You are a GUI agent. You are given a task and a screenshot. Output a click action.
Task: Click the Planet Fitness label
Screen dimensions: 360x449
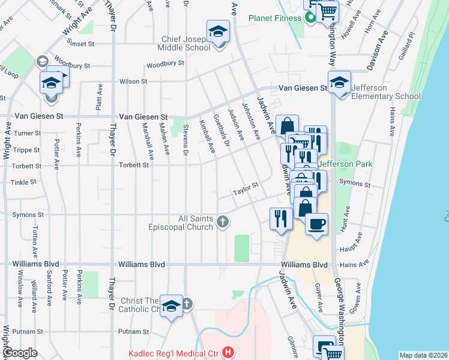pyautogui.click(x=275, y=18)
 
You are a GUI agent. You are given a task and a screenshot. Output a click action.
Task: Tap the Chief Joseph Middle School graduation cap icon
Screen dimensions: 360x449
pyautogui.click(x=218, y=31)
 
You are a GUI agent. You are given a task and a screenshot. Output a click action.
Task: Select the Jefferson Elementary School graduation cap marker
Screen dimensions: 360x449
pyautogui.click(x=339, y=83)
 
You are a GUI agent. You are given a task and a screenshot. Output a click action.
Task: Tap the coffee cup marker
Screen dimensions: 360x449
pyautogui.click(x=316, y=224)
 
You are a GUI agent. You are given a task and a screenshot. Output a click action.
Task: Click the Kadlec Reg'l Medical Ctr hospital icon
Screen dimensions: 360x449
pyautogui.click(x=228, y=353)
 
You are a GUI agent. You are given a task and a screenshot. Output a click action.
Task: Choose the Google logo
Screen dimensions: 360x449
pyautogui.click(x=20, y=353)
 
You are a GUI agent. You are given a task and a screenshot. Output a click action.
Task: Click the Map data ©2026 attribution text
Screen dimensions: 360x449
pyautogui.click(x=424, y=355)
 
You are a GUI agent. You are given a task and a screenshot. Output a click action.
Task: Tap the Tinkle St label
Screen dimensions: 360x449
pyautogui.click(x=24, y=182)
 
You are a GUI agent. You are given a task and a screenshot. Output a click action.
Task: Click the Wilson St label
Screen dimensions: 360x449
pyautogui.click(x=133, y=81)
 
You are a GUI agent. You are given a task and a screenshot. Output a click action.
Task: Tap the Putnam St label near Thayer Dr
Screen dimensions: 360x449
pyautogui.click(x=133, y=331)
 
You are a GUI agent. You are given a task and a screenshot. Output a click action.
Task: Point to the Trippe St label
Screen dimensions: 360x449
pyautogui.click(x=27, y=150)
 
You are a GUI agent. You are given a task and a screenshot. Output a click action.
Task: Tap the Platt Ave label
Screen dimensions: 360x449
pyautogui.click(x=98, y=95)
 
